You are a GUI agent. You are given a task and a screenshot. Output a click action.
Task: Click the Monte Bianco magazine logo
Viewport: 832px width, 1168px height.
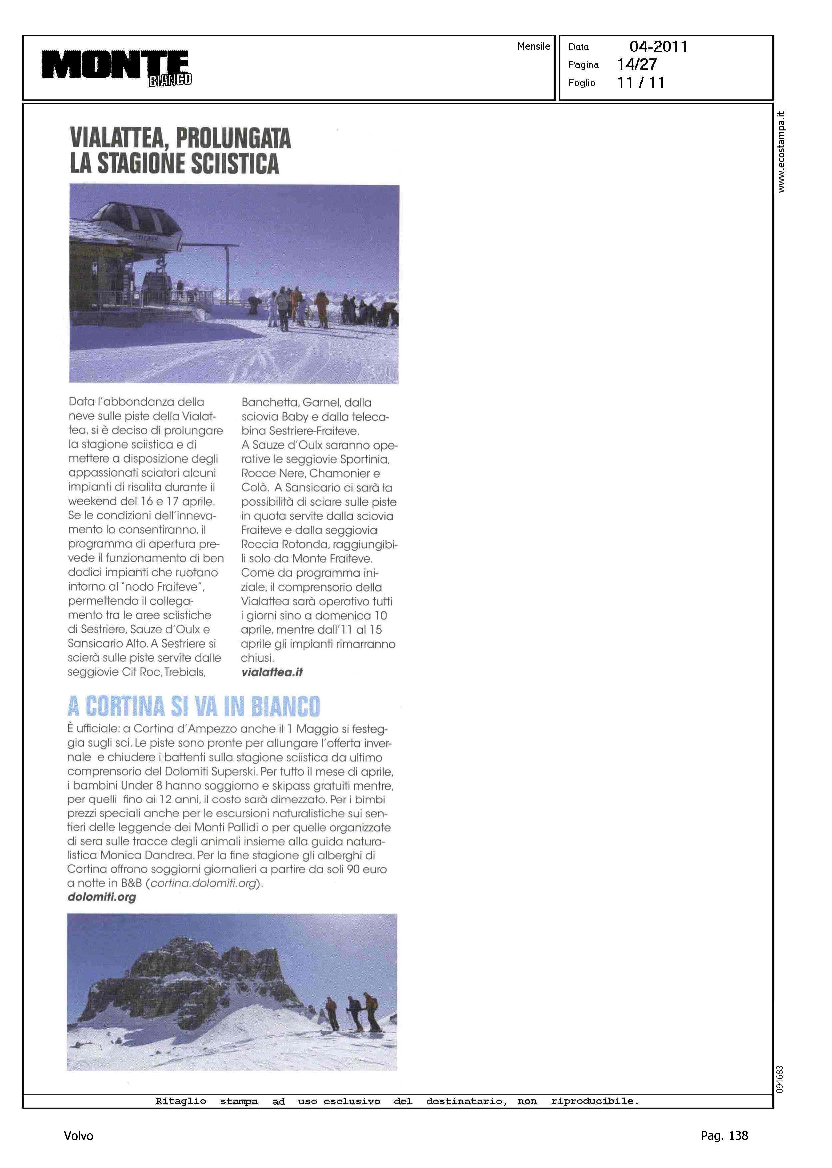[116, 67]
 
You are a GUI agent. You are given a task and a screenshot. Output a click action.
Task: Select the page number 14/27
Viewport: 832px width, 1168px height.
[637, 65]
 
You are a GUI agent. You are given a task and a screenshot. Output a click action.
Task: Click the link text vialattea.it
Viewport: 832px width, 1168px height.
[272, 672]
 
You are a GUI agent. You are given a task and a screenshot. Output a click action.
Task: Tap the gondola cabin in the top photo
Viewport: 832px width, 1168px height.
[155, 284]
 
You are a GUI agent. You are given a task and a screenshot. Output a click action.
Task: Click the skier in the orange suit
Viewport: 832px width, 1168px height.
[322, 309]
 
